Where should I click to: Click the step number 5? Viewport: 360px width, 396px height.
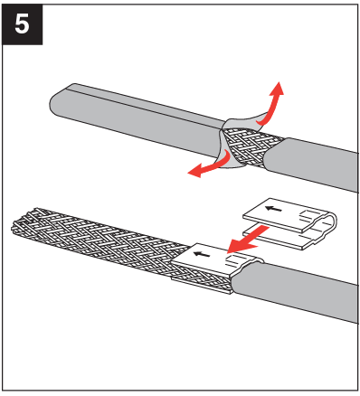pos(23,23)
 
